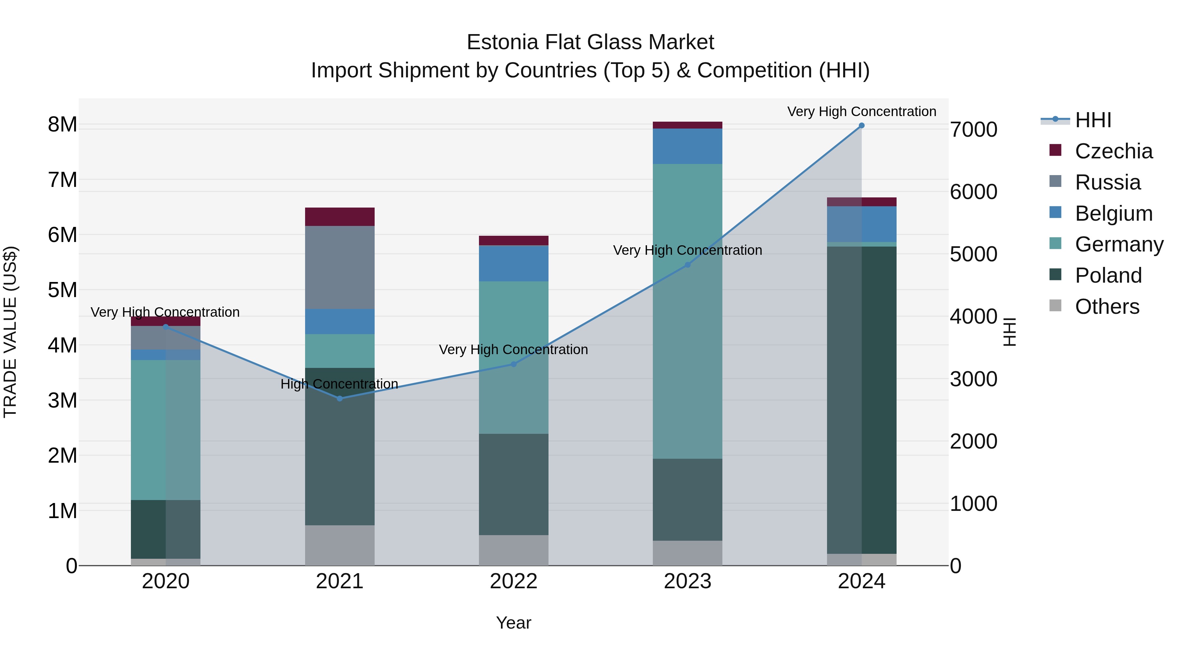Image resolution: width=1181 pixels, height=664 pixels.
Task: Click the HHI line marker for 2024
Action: click(x=861, y=126)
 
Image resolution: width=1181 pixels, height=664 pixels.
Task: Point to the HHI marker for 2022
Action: click(x=513, y=364)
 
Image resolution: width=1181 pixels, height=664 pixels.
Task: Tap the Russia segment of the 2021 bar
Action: click(x=340, y=267)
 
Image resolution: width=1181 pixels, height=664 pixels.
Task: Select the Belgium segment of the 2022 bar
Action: click(x=513, y=264)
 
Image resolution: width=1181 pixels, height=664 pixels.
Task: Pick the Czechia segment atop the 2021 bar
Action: click(x=340, y=217)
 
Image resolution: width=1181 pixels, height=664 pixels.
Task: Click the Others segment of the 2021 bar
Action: click(x=340, y=545)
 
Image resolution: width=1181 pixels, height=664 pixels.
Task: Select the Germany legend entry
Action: click(x=1119, y=244)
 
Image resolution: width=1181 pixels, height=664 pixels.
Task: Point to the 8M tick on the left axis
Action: click(x=62, y=125)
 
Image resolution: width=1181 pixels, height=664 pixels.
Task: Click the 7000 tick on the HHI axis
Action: click(x=973, y=130)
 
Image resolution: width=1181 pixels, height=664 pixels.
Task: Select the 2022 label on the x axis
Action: click(x=513, y=581)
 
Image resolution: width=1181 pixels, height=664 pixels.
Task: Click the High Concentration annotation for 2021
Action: click(x=339, y=384)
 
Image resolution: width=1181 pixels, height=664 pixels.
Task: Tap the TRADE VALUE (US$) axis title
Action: click(x=10, y=332)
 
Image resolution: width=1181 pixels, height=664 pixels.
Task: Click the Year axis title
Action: click(x=513, y=623)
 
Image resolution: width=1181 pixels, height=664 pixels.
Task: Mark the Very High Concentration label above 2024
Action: click(x=861, y=111)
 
